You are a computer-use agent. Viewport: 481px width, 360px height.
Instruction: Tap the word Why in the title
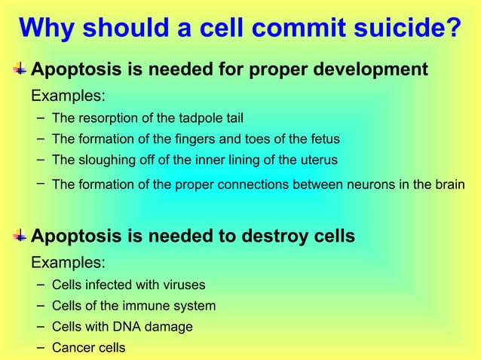point(47,29)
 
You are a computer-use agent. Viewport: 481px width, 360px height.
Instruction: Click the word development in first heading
point(369,71)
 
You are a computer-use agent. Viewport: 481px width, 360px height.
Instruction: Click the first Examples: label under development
point(67,97)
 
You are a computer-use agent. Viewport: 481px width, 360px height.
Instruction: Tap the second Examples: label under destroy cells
point(67,264)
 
